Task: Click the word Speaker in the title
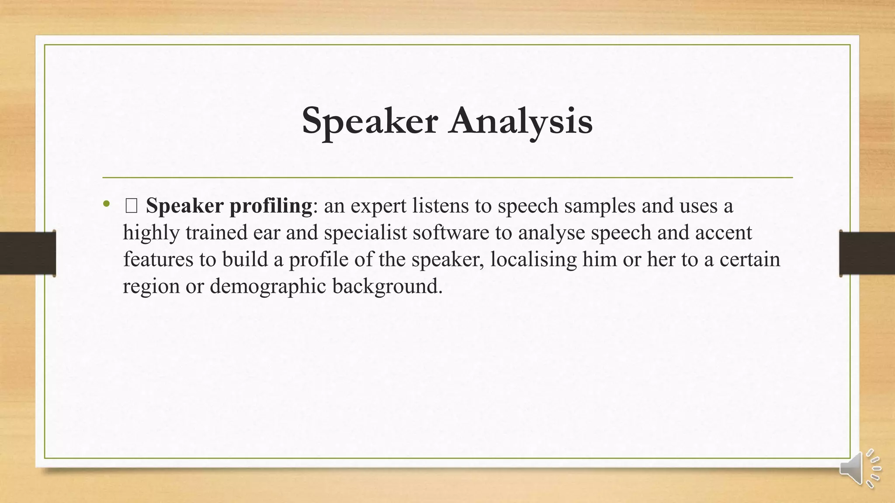point(369,121)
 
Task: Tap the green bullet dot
point(106,203)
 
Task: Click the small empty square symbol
point(131,206)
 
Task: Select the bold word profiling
point(271,206)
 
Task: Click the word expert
point(378,206)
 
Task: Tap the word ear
point(266,232)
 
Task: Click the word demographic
point(268,286)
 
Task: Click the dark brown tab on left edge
point(28,253)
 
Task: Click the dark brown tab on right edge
point(867,253)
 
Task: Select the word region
point(151,286)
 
